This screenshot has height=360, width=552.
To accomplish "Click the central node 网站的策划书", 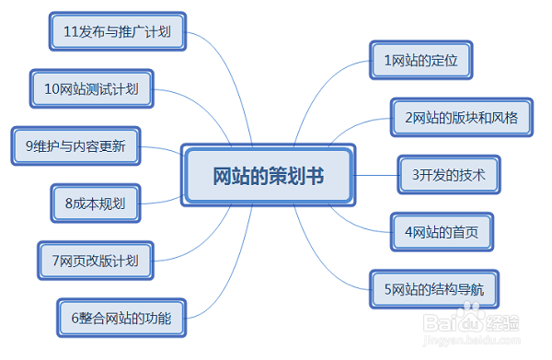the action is pyautogui.click(x=268, y=174).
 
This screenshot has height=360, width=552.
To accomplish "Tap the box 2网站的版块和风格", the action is pyautogui.click(x=461, y=118).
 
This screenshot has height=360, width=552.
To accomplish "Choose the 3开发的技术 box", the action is pyautogui.click(x=448, y=174).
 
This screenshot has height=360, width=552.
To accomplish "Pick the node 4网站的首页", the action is pyautogui.click(x=441, y=231).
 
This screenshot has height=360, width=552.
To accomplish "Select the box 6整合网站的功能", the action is pyautogui.click(x=120, y=318).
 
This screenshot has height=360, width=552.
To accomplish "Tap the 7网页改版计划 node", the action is pyautogui.click(x=96, y=261).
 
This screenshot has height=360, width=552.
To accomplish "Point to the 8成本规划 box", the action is pyautogui.click(x=95, y=203).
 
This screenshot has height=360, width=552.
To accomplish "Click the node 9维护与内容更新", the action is pyautogui.click(x=76, y=145).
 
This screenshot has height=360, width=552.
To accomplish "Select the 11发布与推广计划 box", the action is pyautogui.click(x=117, y=31).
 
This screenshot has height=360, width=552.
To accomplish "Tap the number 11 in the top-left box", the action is pyautogui.click(x=69, y=31).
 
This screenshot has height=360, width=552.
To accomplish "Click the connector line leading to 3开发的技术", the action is pyautogui.click(x=376, y=174).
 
